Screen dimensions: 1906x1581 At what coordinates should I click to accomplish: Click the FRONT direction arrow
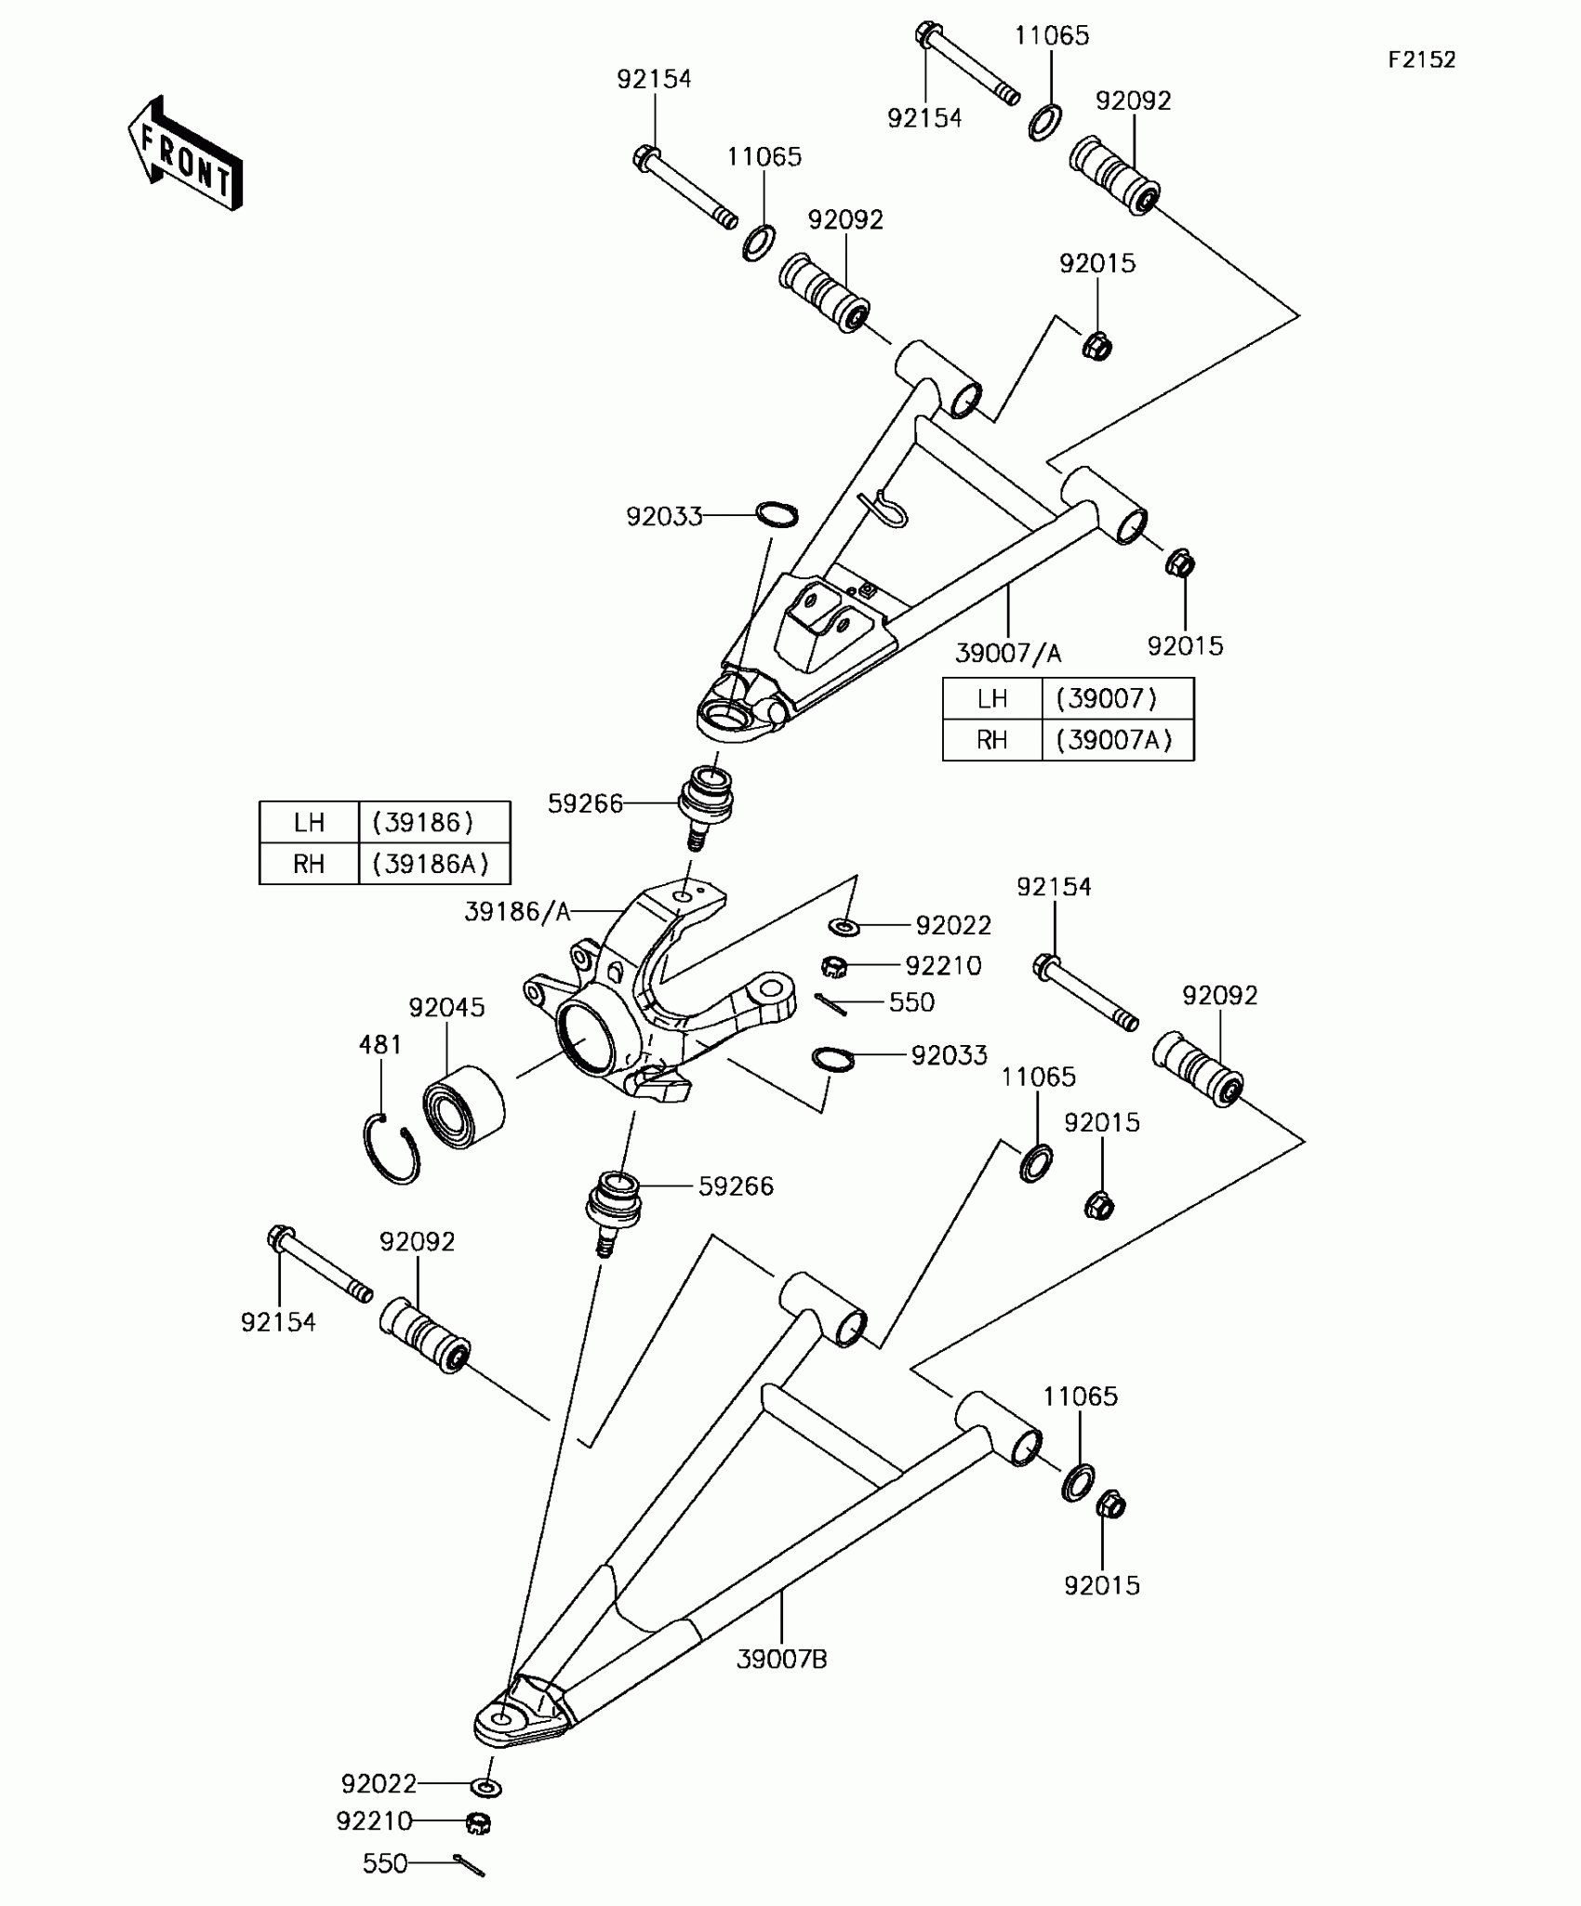point(185,153)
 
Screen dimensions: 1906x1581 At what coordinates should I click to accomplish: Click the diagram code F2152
point(1421,60)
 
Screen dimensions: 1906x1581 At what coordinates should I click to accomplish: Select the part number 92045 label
point(446,1008)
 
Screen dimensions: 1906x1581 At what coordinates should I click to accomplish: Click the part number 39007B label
point(781,1659)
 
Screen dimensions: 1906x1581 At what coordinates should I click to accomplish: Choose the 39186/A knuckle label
point(517,912)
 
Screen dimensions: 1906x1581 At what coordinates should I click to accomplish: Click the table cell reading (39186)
point(423,822)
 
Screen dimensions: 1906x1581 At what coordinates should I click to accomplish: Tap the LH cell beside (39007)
point(992,698)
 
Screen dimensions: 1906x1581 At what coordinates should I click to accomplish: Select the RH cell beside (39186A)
point(309,864)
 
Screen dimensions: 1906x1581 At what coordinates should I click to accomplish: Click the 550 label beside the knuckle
point(911,1002)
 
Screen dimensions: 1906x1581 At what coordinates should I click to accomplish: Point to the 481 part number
point(380,1045)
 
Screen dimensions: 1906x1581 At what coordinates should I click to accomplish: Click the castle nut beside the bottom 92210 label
point(478,1823)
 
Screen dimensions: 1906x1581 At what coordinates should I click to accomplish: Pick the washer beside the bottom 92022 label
point(486,1787)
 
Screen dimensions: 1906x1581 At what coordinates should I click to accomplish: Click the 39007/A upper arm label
point(1008,654)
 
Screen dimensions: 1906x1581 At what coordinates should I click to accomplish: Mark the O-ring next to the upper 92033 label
point(777,513)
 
